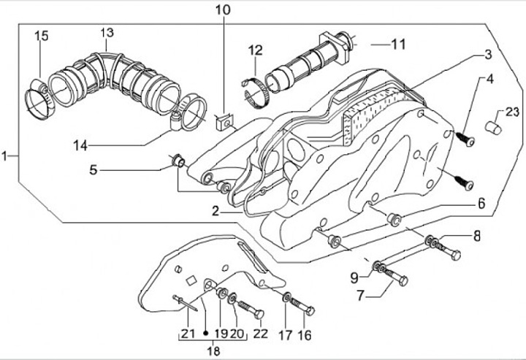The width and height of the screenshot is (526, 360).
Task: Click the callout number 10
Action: pyautogui.click(x=223, y=9)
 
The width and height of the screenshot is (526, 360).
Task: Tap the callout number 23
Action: pyautogui.click(x=512, y=112)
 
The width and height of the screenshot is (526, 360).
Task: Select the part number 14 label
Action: pyautogui.click(x=80, y=145)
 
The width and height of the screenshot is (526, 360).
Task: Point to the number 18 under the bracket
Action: pyautogui.click(x=213, y=351)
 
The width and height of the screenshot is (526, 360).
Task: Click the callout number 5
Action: pyautogui.click(x=93, y=170)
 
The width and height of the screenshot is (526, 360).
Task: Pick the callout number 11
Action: pyautogui.click(x=398, y=45)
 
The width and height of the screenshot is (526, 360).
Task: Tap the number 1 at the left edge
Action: pyautogui.click(x=4, y=156)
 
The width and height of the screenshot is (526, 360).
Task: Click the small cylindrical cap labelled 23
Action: pyautogui.click(x=494, y=128)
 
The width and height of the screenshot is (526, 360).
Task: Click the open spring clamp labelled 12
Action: pyautogui.click(x=254, y=93)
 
